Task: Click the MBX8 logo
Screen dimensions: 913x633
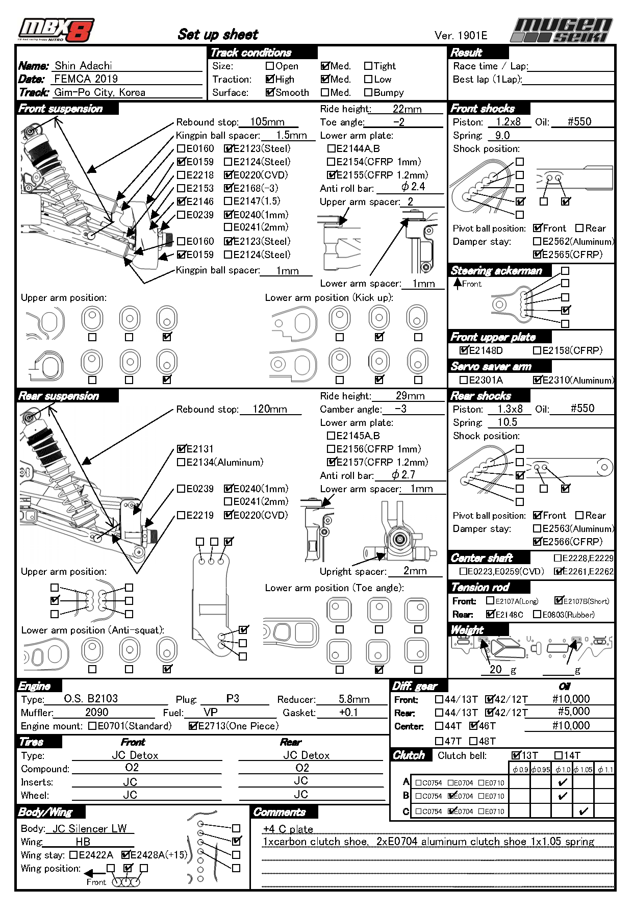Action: pyautogui.click(x=56, y=31)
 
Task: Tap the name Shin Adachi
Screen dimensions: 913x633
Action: pyautogui.click(x=83, y=65)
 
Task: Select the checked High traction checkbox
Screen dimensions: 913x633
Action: pyautogui.click(x=270, y=79)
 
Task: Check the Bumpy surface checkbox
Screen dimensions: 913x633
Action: pyautogui.click(x=368, y=92)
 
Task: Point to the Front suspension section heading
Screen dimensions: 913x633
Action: pyautogui.click(x=61, y=109)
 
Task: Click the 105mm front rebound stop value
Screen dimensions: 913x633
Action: pyautogui.click(x=267, y=122)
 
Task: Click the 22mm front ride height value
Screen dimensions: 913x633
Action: pyautogui.click(x=407, y=109)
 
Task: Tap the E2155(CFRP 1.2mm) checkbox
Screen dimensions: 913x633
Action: pyautogui.click(x=332, y=175)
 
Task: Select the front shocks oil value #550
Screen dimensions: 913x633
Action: pyautogui.click(x=579, y=122)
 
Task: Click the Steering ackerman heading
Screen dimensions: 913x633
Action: pyautogui.click(x=496, y=271)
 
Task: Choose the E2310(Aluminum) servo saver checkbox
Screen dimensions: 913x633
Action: pyautogui.click(x=537, y=379)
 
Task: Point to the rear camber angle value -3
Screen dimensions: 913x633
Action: pyautogui.click(x=401, y=409)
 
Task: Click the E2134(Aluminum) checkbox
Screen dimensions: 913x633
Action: pyautogui.click(x=181, y=462)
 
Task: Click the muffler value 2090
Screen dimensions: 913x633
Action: pyautogui.click(x=96, y=712)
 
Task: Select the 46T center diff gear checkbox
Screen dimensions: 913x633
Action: pyautogui.click(x=474, y=726)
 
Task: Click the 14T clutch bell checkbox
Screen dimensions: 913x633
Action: pyautogui.click(x=559, y=755)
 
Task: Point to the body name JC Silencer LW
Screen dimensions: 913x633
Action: pyautogui.click(x=89, y=829)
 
